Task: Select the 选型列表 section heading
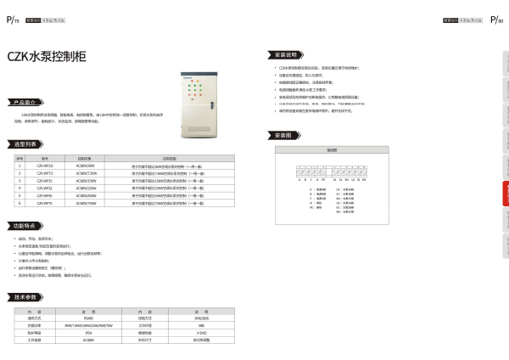[24, 144]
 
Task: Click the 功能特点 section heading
[24, 226]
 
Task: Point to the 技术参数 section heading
[25, 297]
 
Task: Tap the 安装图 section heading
[283, 135]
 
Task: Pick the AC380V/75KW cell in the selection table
[86, 204]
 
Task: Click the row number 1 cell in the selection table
[20, 166]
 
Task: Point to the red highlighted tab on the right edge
[506, 194]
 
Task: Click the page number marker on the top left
[12, 19]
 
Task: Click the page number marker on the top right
[496, 19]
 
